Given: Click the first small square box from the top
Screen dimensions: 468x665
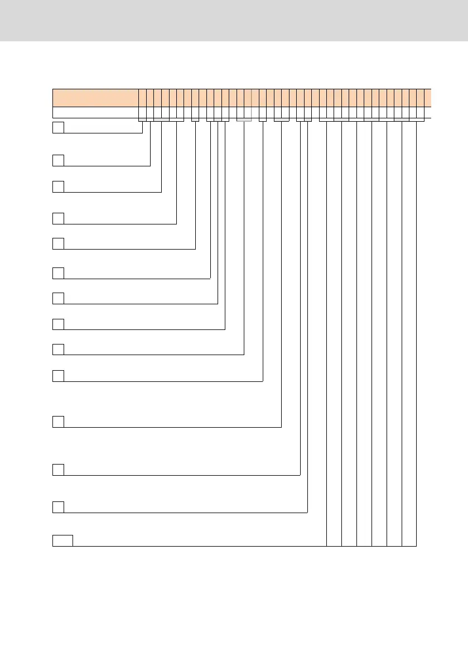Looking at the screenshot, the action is pyautogui.click(x=58, y=127).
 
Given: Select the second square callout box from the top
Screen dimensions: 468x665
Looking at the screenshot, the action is pyautogui.click(x=58, y=160).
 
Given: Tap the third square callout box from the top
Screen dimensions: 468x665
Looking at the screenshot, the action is pyautogui.click(x=58, y=186).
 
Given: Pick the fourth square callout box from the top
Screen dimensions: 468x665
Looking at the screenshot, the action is pyautogui.click(x=58, y=218).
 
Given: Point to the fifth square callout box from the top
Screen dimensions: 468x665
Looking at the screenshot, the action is pyautogui.click(x=58, y=243).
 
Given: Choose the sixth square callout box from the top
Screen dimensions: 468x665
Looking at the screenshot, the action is pyautogui.click(x=58, y=273).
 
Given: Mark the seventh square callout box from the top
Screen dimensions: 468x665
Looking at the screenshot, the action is pyautogui.click(x=58, y=298).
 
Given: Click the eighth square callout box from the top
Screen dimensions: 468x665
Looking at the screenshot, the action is pyautogui.click(x=58, y=324).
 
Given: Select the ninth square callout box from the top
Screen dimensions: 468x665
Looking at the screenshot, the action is pyautogui.click(x=58, y=349).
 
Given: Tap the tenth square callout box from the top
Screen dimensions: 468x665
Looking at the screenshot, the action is pyautogui.click(x=58, y=376).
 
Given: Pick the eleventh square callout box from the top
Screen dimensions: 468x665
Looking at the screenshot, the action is pyautogui.click(x=58, y=422).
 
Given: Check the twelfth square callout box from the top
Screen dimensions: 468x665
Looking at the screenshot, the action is pyautogui.click(x=58, y=470).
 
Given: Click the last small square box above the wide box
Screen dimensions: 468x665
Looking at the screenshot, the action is pyautogui.click(x=58, y=507).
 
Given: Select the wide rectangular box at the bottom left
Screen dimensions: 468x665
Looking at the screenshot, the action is pyautogui.click(x=62, y=540).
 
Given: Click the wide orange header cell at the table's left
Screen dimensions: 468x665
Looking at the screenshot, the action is pyautogui.click(x=95, y=97).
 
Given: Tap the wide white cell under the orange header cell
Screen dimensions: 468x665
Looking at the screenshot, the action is pyautogui.click(x=95, y=112).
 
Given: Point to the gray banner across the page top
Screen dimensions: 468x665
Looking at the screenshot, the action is pyautogui.click(x=234, y=20).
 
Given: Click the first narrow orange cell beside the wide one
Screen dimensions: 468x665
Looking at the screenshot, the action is pyautogui.click(x=143, y=97).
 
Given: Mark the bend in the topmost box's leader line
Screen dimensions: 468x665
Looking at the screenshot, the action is pyautogui.click(x=143, y=133).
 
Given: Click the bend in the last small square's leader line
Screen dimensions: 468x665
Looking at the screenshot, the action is pyautogui.click(x=307, y=512).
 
